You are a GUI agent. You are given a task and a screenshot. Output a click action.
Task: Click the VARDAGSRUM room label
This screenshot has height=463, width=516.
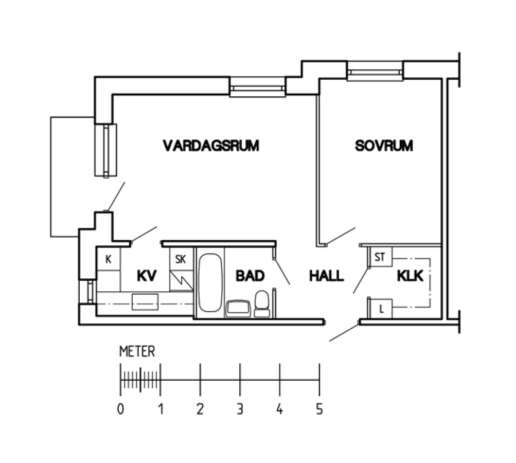coord(211,146)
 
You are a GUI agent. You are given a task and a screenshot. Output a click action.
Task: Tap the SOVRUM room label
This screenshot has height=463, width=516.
coord(384,146)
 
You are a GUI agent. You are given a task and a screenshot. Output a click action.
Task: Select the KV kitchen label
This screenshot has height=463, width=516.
coord(147,276)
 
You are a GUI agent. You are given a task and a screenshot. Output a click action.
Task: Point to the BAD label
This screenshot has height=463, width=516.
coord(250,276)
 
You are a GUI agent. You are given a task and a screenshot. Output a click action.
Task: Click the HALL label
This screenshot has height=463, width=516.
coord(327,276)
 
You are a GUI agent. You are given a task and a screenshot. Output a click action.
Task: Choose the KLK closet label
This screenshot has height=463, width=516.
coord(410,276)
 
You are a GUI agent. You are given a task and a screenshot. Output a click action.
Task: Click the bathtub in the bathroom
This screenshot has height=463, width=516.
coord(210,282)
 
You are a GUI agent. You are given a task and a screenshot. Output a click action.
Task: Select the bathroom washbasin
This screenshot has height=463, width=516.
coord(238,308)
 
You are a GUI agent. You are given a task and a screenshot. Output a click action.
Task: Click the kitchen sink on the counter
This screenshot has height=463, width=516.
coord(145,302)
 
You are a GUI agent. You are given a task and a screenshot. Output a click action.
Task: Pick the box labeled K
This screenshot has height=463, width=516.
coord(108,259)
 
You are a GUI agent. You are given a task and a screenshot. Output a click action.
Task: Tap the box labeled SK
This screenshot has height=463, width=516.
coord(181,259)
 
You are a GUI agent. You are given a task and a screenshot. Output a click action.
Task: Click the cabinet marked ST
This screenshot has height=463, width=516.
coord(381,257)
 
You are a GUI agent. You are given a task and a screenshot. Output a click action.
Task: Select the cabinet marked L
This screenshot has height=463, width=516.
coord(381,309)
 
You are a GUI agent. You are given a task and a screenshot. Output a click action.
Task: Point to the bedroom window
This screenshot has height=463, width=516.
coord(375,71)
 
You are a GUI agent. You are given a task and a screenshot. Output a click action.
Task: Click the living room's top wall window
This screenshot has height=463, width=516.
coord(257,87)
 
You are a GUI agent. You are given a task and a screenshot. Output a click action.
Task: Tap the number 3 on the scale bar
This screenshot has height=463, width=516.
coord(240,409)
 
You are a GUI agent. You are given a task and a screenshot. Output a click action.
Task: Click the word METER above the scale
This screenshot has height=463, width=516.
coord(137,351)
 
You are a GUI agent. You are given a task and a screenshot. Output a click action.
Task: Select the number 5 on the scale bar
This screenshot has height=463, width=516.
coord(319,409)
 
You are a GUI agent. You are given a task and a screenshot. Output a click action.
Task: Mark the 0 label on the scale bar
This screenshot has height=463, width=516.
coord(120,409)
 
